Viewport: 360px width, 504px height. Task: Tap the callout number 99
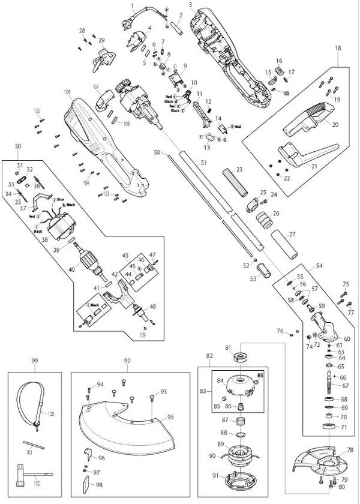point(35,361)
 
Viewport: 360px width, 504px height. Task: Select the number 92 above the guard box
point(127,361)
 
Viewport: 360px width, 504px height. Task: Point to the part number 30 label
point(17,147)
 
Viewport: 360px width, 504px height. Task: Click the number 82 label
point(209,356)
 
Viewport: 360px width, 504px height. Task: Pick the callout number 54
point(319,265)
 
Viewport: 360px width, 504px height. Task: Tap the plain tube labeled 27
point(285,244)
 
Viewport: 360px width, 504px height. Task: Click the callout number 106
point(67,92)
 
